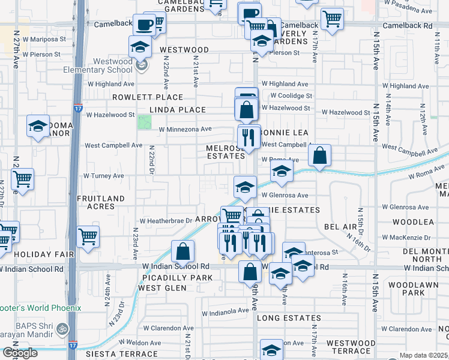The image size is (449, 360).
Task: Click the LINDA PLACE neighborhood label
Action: point(177,110)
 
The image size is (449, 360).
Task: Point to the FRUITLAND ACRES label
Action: point(101,202)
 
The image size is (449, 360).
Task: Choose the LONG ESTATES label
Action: point(289,317)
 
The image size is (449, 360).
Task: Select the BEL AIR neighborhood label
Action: point(340,227)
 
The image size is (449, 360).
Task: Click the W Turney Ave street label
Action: point(103,176)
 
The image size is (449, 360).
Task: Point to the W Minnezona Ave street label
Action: point(185,129)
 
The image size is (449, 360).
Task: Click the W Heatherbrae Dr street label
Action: point(161,221)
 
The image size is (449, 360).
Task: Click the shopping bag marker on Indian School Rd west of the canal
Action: point(182,251)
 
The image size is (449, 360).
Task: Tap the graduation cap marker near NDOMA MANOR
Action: point(38,127)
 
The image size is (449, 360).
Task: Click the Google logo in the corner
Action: point(20,353)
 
